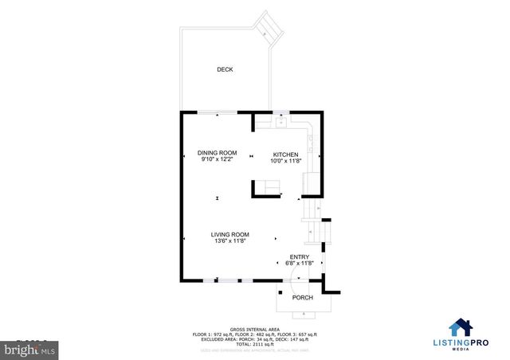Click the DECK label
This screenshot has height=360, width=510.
pyautogui.click(x=226, y=70)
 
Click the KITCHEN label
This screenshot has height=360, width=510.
pyautogui.click(x=286, y=154)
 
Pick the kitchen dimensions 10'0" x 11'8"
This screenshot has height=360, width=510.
pyautogui.click(x=286, y=161)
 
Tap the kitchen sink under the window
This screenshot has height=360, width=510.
pyautogui.click(x=282, y=122)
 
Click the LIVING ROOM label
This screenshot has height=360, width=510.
pyautogui.click(x=230, y=234)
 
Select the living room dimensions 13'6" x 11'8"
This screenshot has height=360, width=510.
pyautogui.click(x=230, y=241)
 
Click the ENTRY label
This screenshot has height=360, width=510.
pyautogui.click(x=299, y=256)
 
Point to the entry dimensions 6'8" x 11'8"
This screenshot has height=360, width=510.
pyautogui.click(x=299, y=264)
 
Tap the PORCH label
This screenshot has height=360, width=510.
pyautogui.click(x=302, y=298)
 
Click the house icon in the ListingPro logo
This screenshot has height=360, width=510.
pyautogui.click(x=461, y=327)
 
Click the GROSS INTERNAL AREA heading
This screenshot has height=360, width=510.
pyautogui.click(x=254, y=328)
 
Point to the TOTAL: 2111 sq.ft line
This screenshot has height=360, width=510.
pyautogui.click(x=254, y=342)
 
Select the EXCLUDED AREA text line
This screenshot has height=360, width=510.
pyautogui.click(x=254, y=338)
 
